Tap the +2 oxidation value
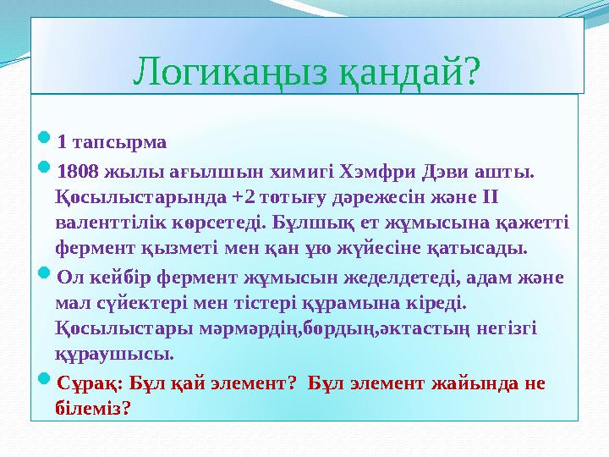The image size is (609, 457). click(241, 198)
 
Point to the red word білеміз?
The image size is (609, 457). click(93, 408)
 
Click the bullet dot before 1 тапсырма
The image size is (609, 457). click(47, 139)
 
